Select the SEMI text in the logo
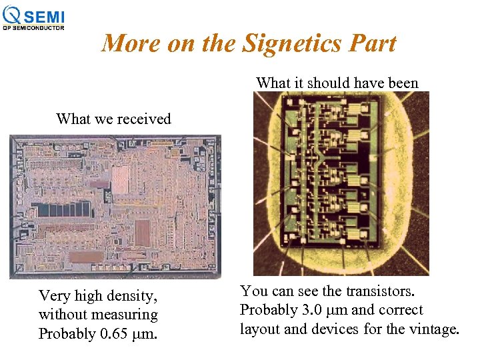coord(47,16)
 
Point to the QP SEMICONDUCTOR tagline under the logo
coord(33,28)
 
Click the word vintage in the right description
coord(434,329)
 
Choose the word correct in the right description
coord(401,311)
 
